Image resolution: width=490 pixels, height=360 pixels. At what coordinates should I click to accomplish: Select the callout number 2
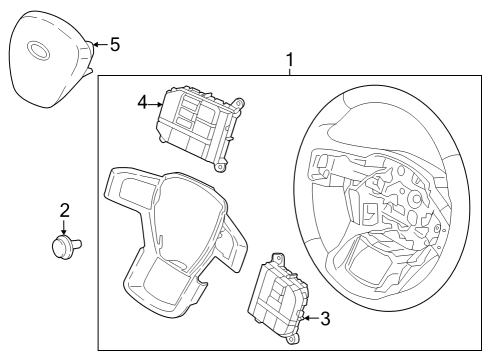pyautogui.click(x=64, y=210)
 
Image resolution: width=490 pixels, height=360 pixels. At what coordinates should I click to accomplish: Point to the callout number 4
pyautogui.click(x=143, y=101)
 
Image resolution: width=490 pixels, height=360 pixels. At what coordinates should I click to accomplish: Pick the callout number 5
pyautogui.click(x=114, y=44)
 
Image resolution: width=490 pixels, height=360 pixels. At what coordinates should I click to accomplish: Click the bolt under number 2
pyautogui.click(x=66, y=243)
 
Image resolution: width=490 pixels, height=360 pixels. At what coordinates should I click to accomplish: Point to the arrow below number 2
pyautogui.click(x=64, y=227)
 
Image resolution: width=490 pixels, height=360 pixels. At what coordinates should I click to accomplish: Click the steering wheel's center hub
pyautogui.click(x=385, y=200)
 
